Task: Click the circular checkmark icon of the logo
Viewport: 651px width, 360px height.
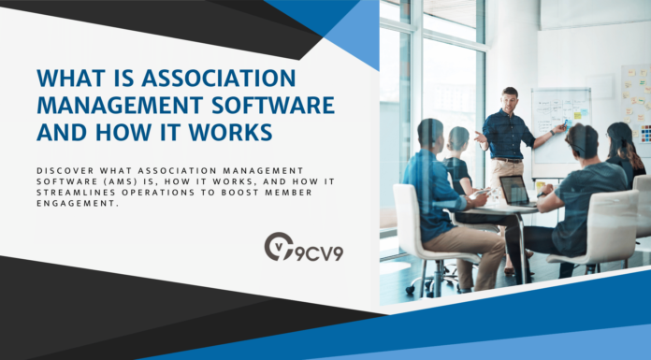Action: click(x=278, y=247)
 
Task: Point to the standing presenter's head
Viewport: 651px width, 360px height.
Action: click(x=510, y=97)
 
